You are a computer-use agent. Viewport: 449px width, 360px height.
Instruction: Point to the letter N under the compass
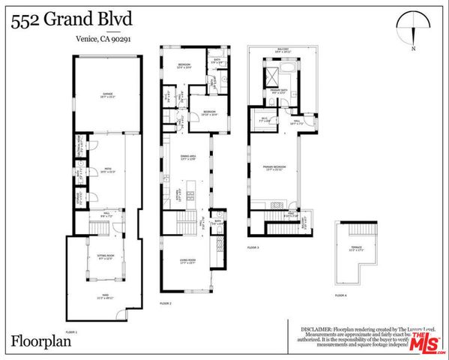click(x=413, y=49)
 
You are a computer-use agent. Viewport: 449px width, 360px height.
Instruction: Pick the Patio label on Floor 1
click(x=105, y=170)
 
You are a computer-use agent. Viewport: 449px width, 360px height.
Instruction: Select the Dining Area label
click(x=186, y=156)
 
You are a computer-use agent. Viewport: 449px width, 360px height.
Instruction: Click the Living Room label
click(x=186, y=261)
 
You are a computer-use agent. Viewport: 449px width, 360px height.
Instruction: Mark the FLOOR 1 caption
click(x=72, y=331)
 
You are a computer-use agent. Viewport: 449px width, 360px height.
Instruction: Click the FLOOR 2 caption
click(x=166, y=304)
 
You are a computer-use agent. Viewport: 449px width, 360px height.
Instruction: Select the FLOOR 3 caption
click(x=252, y=247)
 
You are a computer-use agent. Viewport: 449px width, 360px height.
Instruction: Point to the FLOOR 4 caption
click(x=340, y=295)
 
